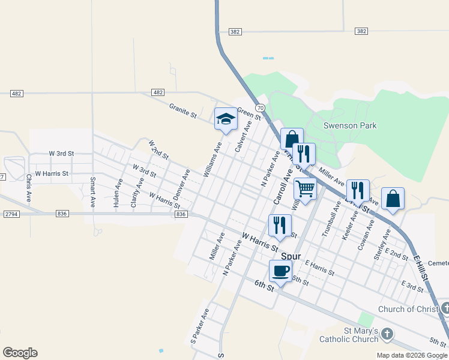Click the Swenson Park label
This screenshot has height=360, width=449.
click(x=350, y=125)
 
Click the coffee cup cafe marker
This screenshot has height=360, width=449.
click(x=280, y=271)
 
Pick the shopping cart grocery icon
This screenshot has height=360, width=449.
click(x=306, y=189)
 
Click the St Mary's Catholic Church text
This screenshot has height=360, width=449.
click(x=361, y=335)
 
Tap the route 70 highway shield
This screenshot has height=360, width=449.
click(x=260, y=107)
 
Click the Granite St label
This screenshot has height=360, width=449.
click(x=183, y=110)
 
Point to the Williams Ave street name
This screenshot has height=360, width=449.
click(x=212, y=159)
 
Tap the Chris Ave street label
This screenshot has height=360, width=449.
click(x=28, y=188)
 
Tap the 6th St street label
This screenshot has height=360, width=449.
click(x=264, y=286)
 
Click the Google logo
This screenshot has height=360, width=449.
click(x=20, y=353)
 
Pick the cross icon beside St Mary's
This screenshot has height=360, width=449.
click(x=387, y=334)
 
